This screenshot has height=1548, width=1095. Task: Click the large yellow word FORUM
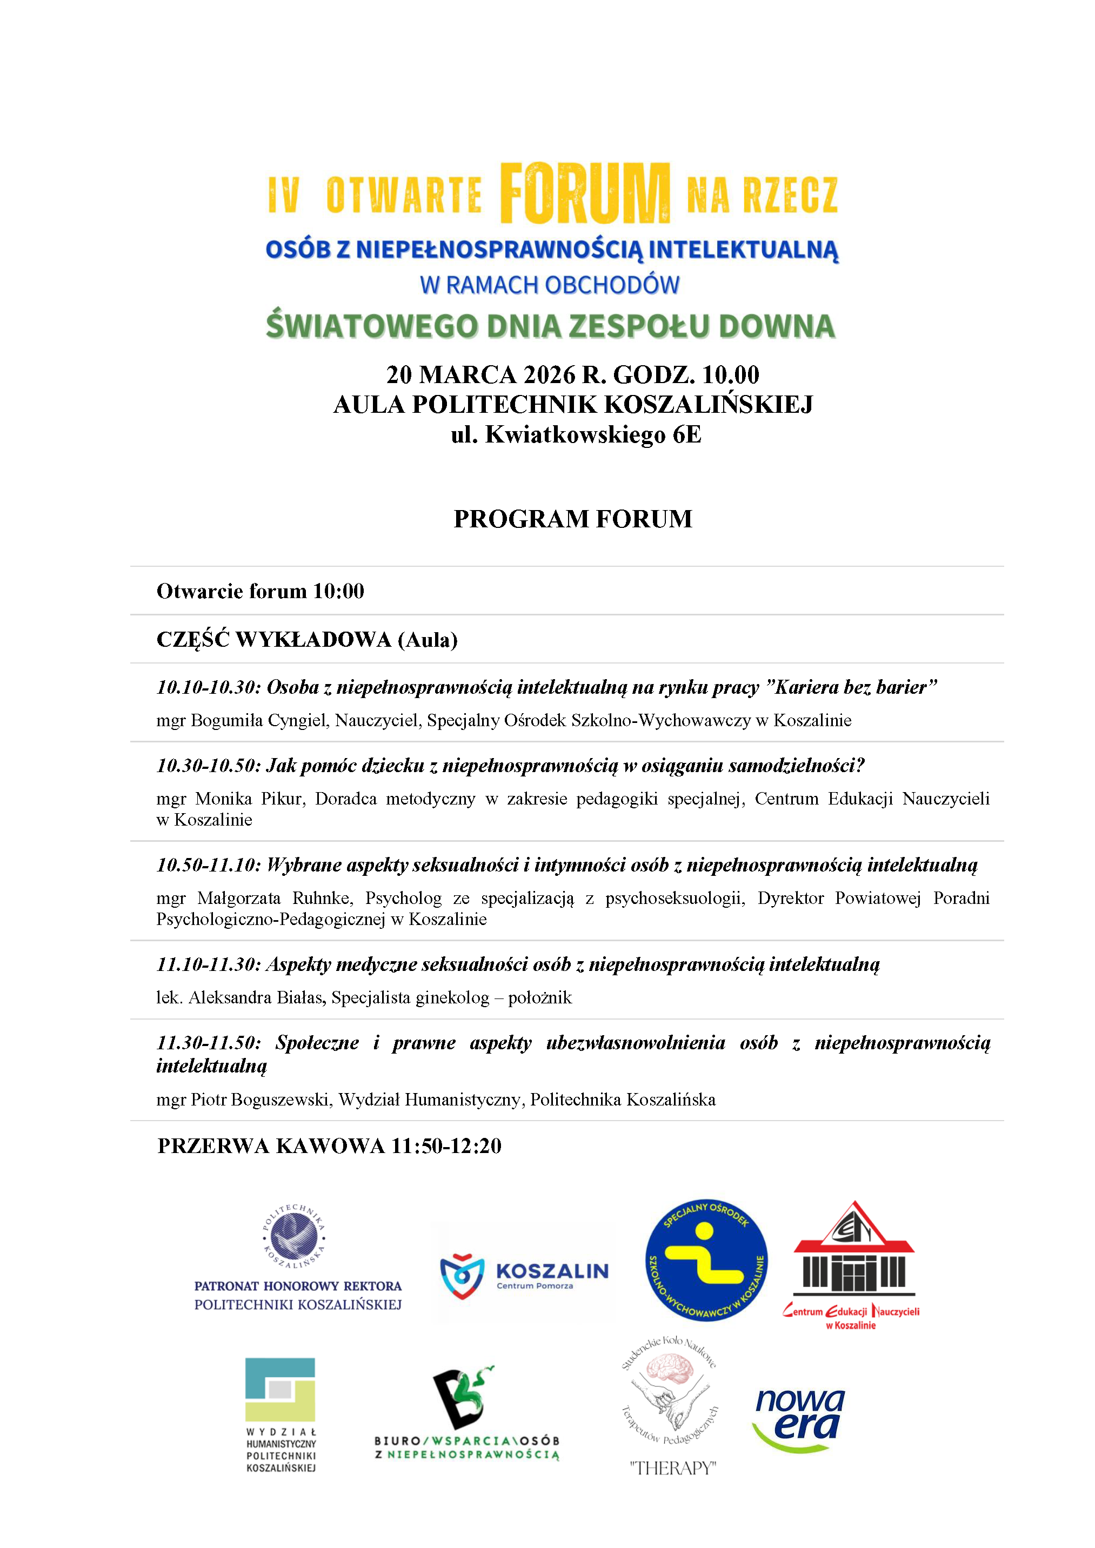click(x=585, y=193)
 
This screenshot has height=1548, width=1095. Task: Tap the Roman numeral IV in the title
click(x=283, y=196)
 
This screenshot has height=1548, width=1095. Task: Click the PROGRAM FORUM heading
click(x=572, y=519)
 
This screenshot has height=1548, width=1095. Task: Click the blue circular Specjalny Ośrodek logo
click(x=706, y=1260)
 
